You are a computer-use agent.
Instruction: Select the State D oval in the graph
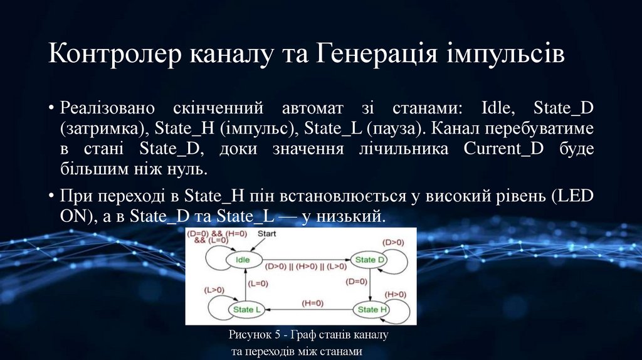pos(370,260)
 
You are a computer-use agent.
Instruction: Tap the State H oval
pos(372,309)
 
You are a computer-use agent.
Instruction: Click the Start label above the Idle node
pos(268,233)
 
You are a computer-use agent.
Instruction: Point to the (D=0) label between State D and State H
pos(355,282)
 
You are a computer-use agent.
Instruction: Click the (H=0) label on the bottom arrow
pos(312,303)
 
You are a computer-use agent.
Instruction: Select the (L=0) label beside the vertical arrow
pos(258,283)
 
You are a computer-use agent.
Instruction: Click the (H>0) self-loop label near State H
pos(395,294)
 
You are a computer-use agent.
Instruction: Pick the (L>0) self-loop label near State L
pos(215,290)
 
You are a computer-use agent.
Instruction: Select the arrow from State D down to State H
pos(371,285)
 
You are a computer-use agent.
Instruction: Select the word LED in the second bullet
pos(573,196)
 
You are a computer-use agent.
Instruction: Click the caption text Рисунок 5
pos(257,335)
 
